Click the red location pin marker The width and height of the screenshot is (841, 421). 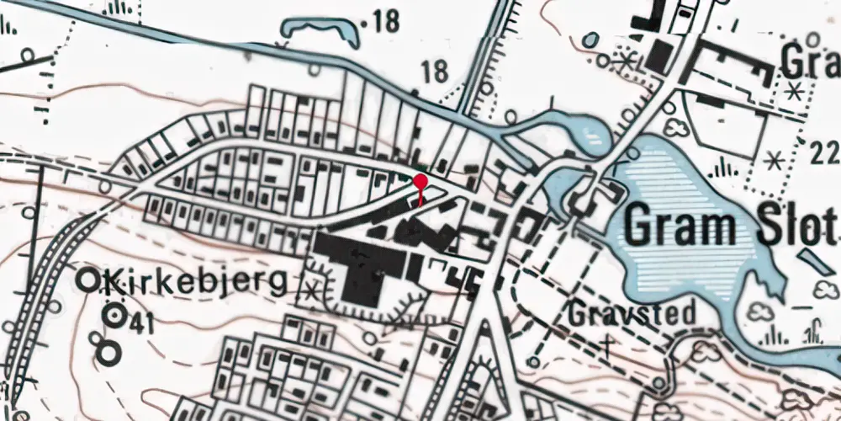(420, 181)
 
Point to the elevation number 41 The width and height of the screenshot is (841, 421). (141, 320)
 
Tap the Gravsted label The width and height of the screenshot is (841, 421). (631, 313)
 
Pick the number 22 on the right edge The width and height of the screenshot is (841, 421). (826, 153)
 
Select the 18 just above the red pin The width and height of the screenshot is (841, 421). (435, 72)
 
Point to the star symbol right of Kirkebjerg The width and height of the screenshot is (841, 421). (313, 291)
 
